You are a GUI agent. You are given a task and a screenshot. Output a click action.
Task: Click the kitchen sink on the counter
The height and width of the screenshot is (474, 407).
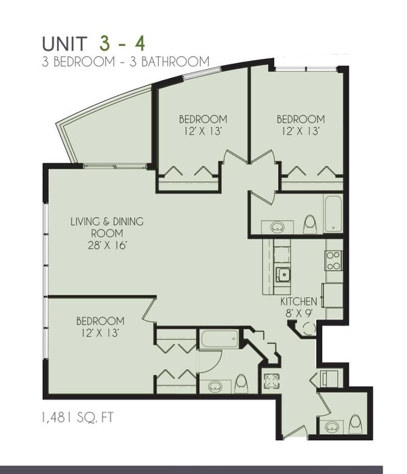[284, 274]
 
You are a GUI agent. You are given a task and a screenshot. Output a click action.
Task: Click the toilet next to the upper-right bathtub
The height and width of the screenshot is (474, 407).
[309, 223]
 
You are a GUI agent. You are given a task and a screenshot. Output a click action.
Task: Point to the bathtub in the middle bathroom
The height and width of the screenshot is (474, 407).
[217, 340]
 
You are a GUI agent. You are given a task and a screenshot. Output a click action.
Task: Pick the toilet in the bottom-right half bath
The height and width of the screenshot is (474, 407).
[355, 425]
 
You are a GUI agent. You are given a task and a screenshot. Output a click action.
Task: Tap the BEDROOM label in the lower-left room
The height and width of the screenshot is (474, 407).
[100, 320]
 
